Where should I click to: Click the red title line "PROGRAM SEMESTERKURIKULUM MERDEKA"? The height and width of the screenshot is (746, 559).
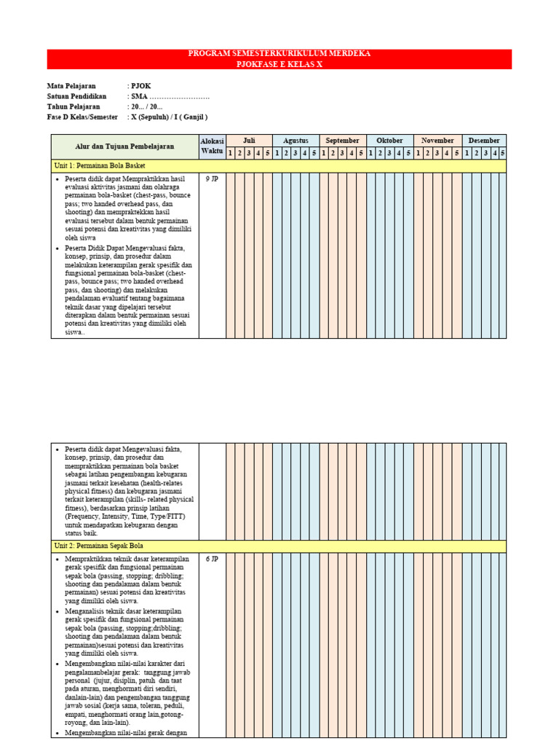[279, 54]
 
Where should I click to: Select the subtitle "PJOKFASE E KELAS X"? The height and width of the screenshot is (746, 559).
[279, 64]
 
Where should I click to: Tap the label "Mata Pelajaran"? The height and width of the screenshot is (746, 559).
[71, 86]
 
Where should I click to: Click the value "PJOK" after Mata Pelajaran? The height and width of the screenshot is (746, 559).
[140, 86]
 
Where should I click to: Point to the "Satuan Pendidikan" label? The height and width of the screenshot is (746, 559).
[76, 96]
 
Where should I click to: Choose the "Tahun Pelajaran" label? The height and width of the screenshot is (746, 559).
[74, 106]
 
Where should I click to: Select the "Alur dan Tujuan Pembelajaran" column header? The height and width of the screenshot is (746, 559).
[124, 146]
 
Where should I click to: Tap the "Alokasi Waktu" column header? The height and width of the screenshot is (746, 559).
[212, 146]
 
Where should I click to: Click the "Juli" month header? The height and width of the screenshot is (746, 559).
[249, 141]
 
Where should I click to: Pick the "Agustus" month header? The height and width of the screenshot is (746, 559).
[296, 141]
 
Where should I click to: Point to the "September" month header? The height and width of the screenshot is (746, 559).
[342, 141]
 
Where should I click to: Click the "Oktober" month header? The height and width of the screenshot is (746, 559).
[389, 141]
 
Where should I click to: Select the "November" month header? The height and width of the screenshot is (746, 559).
[437, 141]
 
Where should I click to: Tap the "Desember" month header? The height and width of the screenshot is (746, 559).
[483, 141]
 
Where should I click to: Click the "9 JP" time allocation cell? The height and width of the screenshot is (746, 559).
[212, 178]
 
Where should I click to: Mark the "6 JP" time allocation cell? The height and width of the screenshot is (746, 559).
[212, 559]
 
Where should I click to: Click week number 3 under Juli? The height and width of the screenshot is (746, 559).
[249, 153]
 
